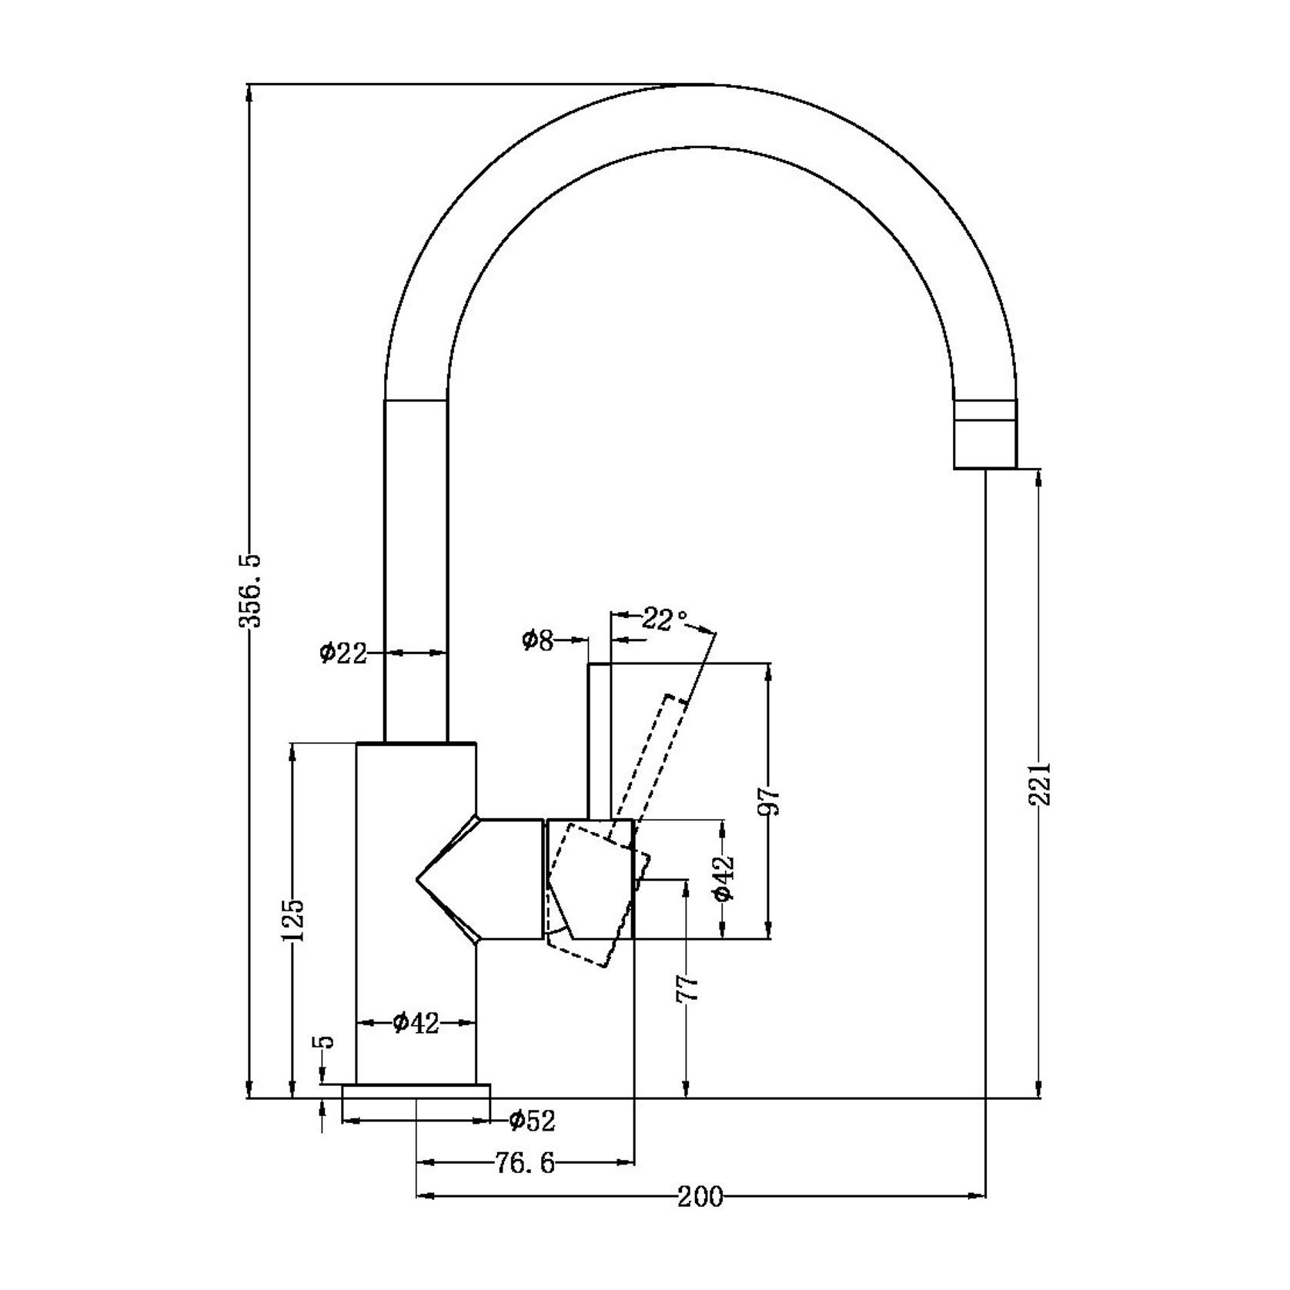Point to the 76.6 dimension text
pyautogui.click(x=524, y=1163)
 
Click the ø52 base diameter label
pyautogui.click(x=532, y=1121)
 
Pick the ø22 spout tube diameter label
pyautogui.click(x=343, y=653)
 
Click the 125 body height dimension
pyautogui.click(x=292, y=920)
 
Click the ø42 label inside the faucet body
pyautogui.click(x=416, y=1023)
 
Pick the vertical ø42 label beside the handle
pyautogui.click(x=723, y=878)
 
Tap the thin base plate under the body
pyautogui.click(x=416, y=1091)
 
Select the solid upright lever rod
pyautogui.click(x=600, y=739)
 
